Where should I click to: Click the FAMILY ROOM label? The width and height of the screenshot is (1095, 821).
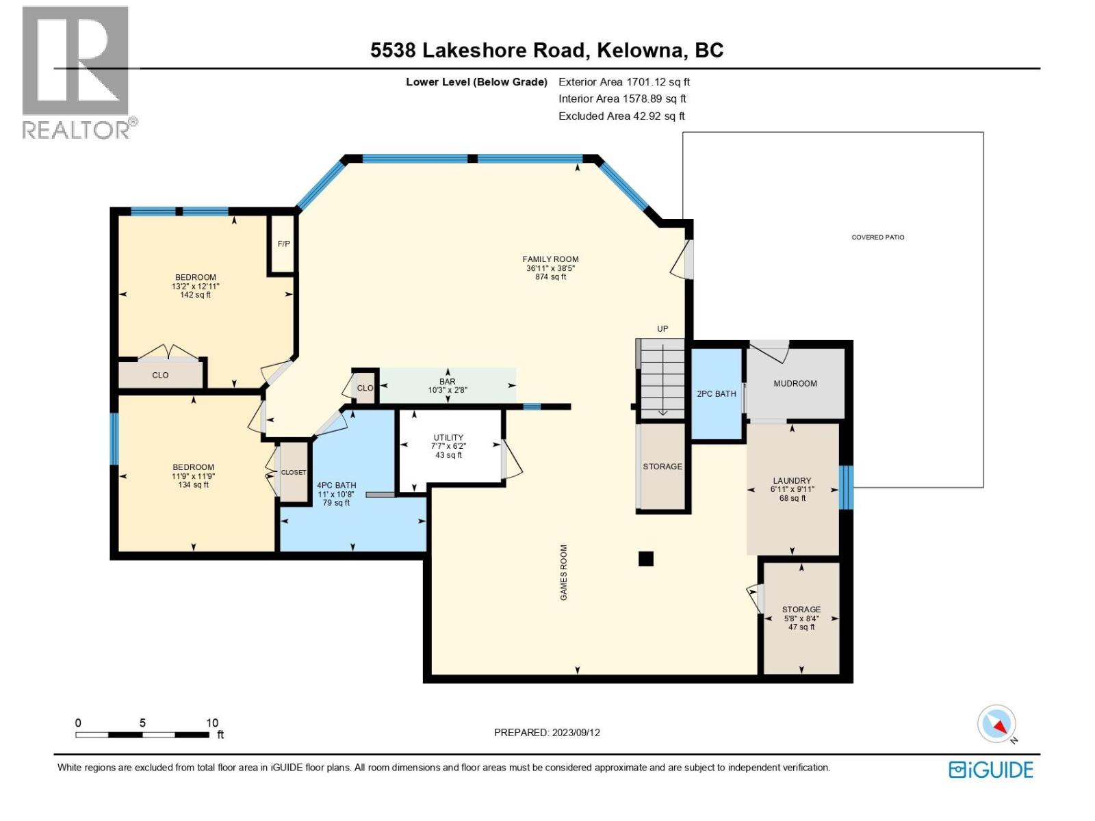click(x=550, y=259)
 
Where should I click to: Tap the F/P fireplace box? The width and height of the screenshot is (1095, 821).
click(x=283, y=244)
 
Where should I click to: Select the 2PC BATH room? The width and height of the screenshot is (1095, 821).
click(x=717, y=394)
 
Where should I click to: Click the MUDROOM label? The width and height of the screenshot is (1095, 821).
click(x=795, y=384)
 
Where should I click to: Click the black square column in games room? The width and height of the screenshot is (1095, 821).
click(x=645, y=559)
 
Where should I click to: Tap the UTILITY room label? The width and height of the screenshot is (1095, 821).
click(x=448, y=438)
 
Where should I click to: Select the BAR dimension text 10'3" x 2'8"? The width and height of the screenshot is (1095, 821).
click(x=447, y=391)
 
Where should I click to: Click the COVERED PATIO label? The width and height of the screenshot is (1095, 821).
click(x=877, y=237)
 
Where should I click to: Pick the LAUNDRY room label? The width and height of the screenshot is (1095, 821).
click(x=792, y=481)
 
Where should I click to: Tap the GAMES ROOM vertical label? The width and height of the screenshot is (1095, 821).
click(x=564, y=573)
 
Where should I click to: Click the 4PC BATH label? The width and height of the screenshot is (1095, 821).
click(x=336, y=486)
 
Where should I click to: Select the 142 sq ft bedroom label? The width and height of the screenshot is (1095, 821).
click(x=195, y=286)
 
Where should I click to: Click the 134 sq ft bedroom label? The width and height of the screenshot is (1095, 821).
click(x=193, y=475)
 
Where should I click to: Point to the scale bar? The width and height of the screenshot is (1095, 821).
click(x=142, y=735)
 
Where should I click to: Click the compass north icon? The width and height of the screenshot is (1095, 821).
click(x=997, y=724)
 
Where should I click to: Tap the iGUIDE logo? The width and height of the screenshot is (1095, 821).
click(x=990, y=770)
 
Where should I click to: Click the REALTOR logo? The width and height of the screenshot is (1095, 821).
click(x=77, y=72)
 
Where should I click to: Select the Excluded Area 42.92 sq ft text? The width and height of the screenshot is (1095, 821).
click(x=621, y=116)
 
